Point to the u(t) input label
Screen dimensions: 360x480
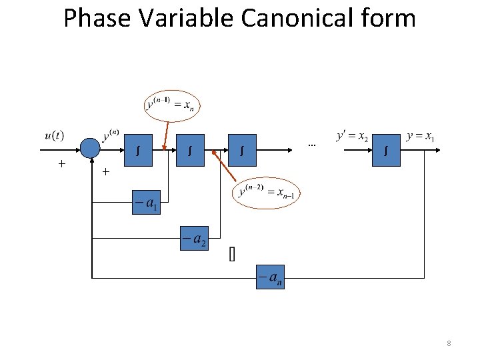[x=55, y=136]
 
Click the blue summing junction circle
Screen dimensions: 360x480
[x=90, y=148]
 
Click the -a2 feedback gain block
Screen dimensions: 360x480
[x=194, y=239]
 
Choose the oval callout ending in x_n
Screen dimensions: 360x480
[x=173, y=105]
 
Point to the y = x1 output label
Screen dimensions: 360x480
[x=421, y=137]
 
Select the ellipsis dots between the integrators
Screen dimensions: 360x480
[x=311, y=145]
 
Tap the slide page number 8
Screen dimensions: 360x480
[x=449, y=343]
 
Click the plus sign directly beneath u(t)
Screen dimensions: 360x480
[x=61, y=163]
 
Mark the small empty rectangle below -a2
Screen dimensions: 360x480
[x=232, y=255]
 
